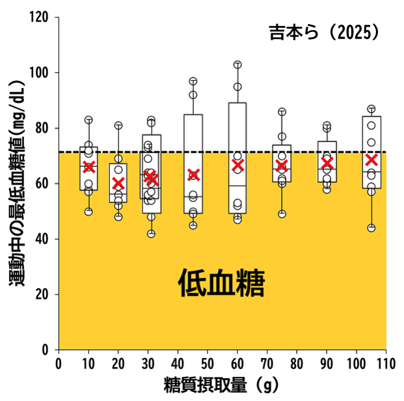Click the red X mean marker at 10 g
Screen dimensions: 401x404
89,166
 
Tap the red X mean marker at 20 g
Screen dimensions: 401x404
118,183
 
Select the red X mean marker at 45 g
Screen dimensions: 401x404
193,175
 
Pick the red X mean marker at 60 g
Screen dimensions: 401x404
237,166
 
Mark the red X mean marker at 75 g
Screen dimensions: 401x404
282,166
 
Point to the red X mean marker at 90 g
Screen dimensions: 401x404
327,163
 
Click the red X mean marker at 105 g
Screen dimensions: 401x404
371,160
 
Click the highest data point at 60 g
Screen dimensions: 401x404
237,65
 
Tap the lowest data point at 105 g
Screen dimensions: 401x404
371,228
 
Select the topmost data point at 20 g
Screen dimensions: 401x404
118,125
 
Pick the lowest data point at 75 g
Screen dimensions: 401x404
282,214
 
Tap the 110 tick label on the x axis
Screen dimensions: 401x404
386,363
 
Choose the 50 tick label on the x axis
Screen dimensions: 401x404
208,363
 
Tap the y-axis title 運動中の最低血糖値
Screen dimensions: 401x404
16,196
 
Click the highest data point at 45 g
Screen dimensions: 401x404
193,82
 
